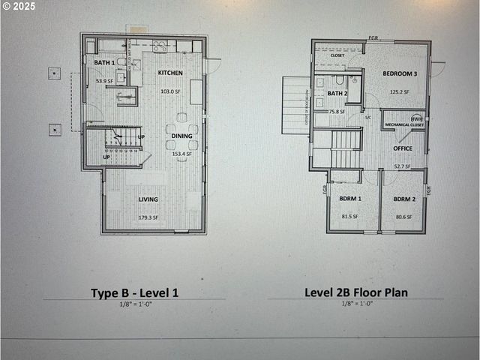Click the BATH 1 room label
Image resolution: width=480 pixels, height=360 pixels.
(x=103, y=63)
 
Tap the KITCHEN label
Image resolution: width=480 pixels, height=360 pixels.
(x=170, y=73)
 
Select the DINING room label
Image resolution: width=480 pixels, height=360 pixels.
(x=181, y=136)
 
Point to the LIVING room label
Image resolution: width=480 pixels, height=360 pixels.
(x=148, y=199)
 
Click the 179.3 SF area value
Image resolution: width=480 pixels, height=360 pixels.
(x=148, y=217)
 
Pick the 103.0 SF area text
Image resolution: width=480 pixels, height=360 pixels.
(x=171, y=91)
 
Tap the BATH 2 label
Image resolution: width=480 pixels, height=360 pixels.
(x=337, y=94)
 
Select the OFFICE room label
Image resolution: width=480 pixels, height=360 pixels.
(x=402, y=148)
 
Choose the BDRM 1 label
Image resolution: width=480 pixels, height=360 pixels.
(x=349, y=199)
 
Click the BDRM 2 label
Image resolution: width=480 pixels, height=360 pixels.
(x=404, y=199)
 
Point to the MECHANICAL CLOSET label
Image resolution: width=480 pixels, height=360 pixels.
(x=404, y=124)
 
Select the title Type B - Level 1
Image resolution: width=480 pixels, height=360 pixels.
(x=134, y=292)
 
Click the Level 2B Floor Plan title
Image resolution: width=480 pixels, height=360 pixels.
(x=356, y=292)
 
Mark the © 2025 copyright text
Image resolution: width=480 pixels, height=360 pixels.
(x=19, y=6)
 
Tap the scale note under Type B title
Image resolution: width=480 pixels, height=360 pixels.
(x=134, y=304)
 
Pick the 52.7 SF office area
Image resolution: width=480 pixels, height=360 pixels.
(x=402, y=166)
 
